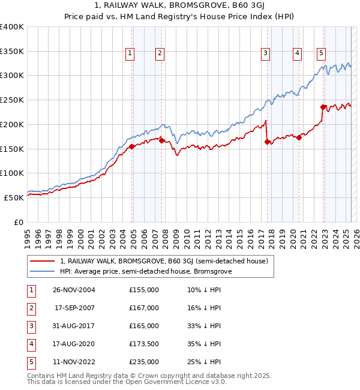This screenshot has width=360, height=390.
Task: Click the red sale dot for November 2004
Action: point(132,146)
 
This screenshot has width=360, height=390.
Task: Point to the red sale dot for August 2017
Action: point(267,142)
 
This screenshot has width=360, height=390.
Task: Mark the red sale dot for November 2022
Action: point(323,107)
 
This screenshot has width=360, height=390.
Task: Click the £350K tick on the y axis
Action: point(13,51)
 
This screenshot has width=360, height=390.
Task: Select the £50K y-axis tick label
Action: point(14,197)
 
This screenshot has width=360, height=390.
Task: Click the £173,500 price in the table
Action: point(143,344)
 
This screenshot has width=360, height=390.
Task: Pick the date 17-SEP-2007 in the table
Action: point(74,308)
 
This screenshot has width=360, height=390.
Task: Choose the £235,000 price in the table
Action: point(143,362)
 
